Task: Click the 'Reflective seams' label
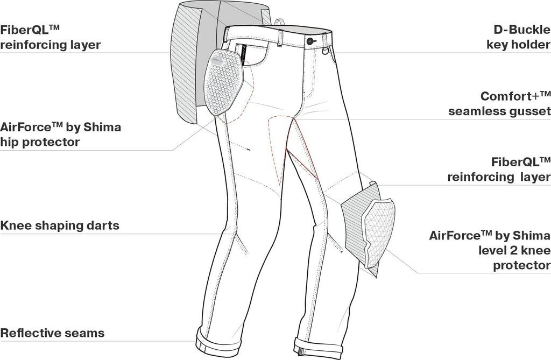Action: coord(52,333)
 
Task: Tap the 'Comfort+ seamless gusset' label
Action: coord(499,103)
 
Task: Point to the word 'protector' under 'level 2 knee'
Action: coord(522,265)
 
